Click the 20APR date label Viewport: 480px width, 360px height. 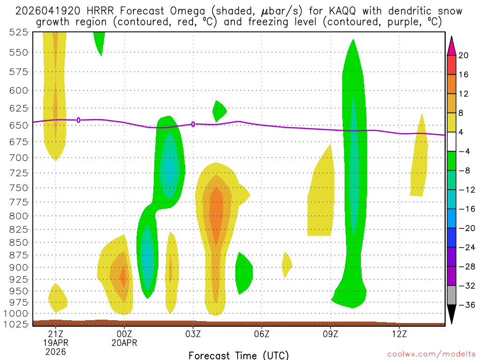[x=124, y=343]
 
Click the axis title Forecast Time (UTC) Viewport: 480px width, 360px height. [x=239, y=355]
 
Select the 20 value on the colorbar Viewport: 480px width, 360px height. [x=464, y=55]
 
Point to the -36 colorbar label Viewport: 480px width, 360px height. [x=466, y=305]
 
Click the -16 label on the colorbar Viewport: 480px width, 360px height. [x=466, y=209]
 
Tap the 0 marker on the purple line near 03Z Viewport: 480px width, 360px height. [x=193, y=124]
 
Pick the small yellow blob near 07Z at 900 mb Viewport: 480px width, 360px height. [x=286, y=265]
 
